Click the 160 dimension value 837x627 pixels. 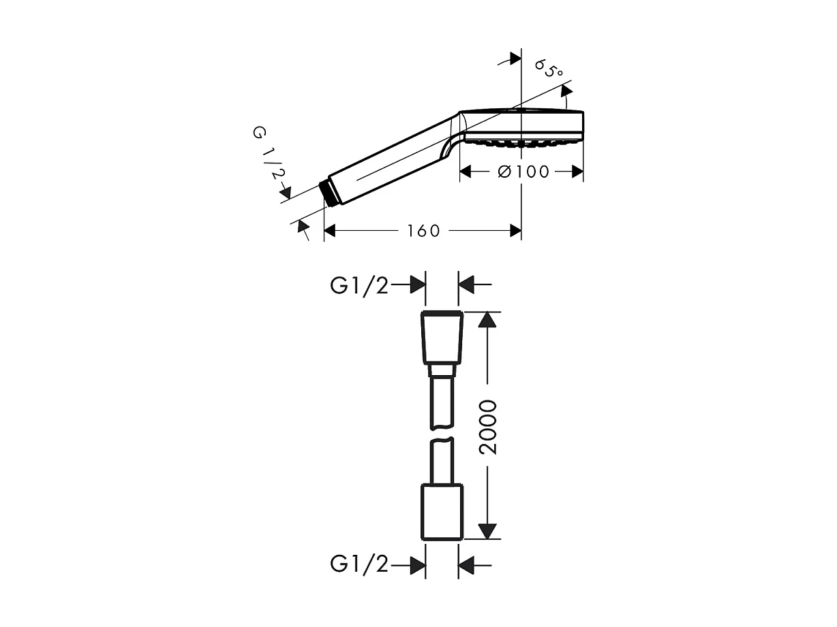click(423, 231)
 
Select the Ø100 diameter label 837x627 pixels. click(523, 172)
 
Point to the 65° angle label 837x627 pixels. click(549, 69)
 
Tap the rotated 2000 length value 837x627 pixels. click(488, 427)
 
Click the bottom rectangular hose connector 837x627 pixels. click(443, 511)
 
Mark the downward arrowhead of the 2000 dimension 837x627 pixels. click(487, 530)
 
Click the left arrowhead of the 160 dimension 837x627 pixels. click(331, 231)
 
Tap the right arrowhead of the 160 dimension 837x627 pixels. click(515, 231)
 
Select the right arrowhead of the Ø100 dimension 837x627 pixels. click(576, 172)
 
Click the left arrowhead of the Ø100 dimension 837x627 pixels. click(467, 172)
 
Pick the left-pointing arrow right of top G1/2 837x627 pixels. click(466, 286)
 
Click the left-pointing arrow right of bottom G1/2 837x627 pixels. click(466, 564)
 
